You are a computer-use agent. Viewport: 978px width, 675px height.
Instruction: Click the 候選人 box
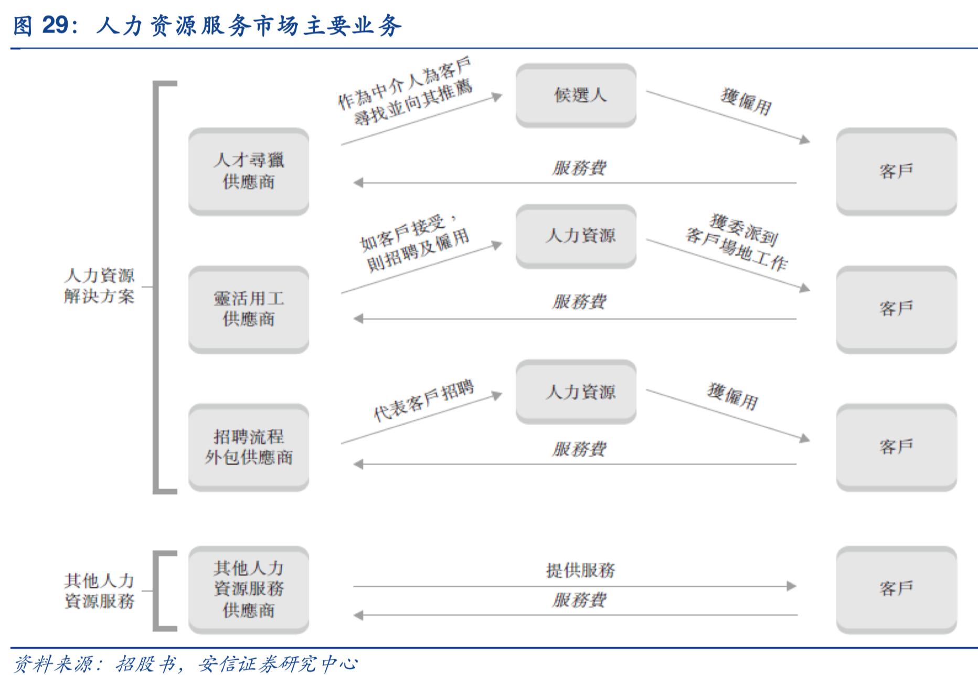576,95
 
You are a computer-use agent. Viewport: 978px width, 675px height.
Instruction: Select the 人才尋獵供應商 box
248,171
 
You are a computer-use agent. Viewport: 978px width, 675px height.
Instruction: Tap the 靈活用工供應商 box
248,309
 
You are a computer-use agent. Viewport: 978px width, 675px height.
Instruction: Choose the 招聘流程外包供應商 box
248,447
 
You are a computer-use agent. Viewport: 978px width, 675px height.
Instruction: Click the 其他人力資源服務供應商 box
248,589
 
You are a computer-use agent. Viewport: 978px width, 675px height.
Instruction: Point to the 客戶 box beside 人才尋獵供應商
896,171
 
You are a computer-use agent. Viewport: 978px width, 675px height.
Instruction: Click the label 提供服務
580,570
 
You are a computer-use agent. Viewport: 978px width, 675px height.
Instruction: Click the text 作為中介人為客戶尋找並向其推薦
405,92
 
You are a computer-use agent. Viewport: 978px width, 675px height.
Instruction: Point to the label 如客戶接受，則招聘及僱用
413,244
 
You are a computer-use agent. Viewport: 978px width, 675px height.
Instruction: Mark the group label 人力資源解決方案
99,286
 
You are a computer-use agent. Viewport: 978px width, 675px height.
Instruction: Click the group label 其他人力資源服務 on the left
99,590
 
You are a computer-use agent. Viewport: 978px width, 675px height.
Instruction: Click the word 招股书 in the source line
145,664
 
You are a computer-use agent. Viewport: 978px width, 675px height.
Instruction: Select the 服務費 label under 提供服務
579,600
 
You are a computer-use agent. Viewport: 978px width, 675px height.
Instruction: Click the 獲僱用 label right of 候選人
746,102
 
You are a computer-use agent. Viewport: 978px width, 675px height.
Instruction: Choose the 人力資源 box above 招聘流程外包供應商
576,392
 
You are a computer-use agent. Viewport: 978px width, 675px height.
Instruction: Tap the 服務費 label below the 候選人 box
579,168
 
